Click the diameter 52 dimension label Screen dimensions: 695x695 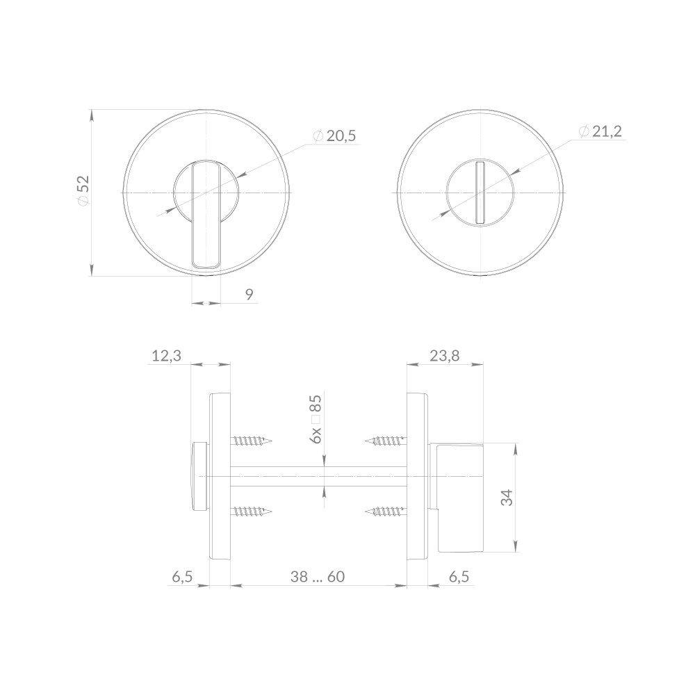pyautogui.click(x=83, y=190)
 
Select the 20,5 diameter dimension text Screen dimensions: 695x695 pyautogui.click(x=334, y=136)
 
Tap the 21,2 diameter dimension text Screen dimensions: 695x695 pyautogui.click(x=600, y=131)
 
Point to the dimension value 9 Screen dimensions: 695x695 pyautogui.click(x=249, y=294)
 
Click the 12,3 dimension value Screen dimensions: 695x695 pyautogui.click(x=167, y=355)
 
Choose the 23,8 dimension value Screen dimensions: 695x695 pyautogui.click(x=445, y=355)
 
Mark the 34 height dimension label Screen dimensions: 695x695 pyautogui.click(x=507, y=498)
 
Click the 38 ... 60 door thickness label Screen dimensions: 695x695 pyautogui.click(x=318, y=577)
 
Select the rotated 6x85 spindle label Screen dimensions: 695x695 pyautogui.click(x=316, y=419)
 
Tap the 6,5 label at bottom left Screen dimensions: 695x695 pyautogui.click(x=183, y=577)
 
